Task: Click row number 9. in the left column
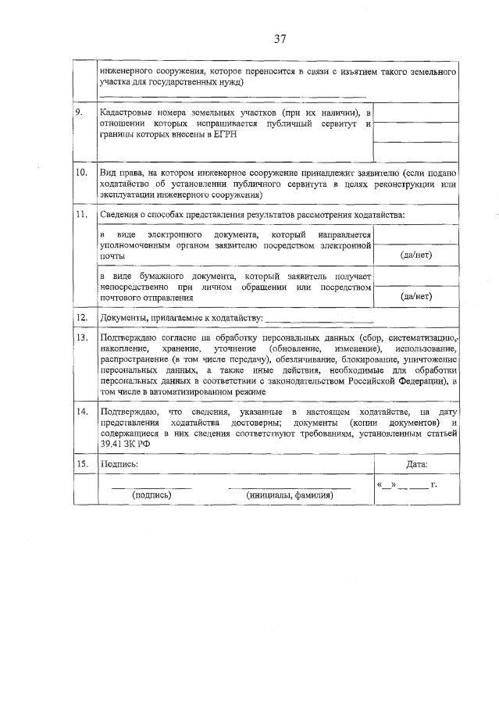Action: click(80, 112)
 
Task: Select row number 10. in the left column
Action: click(80, 172)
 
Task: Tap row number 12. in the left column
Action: click(80, 317)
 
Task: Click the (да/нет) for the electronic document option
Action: click(415, 255)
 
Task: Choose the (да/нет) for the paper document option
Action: click(415, 296)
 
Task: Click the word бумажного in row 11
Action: click(149, 277)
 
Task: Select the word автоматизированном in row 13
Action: click(187, 391)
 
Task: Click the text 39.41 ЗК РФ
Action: click(125, 444)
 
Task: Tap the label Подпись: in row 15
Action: click(119, 463)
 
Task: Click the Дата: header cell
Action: click(417, 463)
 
